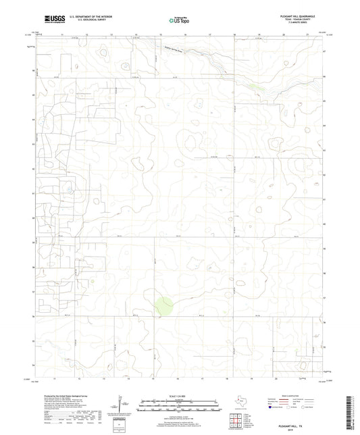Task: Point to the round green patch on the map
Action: pyautogui.click(x=162, y=306)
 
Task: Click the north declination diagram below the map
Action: pyautogui.click(x=126, y=404)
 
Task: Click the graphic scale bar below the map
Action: pyautogui.click(x=180, y=405)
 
